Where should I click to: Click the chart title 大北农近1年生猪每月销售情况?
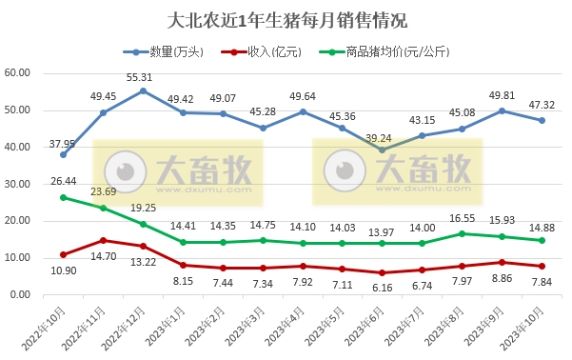click(286, 19)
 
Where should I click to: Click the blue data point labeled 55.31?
click(143, 91)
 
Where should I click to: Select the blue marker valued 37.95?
click(64, 154)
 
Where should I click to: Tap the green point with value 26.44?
click(64, 197)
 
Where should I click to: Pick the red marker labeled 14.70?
click(103, 240)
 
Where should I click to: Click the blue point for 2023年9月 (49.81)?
click(501, 111)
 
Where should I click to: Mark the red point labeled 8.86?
click(501, 262)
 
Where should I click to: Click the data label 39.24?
click(382, 136)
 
